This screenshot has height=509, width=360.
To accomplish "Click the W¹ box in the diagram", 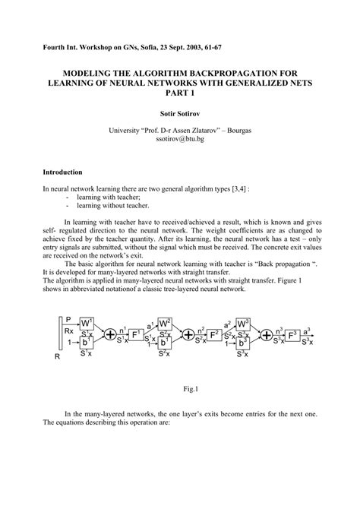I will click(x=87, y=322).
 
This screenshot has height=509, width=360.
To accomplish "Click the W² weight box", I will click(x=165, y=323).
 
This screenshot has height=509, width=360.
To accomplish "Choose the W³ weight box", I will click(x=242, y=323).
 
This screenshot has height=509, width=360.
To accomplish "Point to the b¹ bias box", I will click(x=87, y=343).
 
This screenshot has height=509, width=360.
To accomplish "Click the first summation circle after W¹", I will click(x=111, y=334).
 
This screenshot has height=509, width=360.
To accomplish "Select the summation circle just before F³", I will click(x=267, y=334).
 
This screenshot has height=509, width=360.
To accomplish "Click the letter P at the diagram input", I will click(x=68, y=320).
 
